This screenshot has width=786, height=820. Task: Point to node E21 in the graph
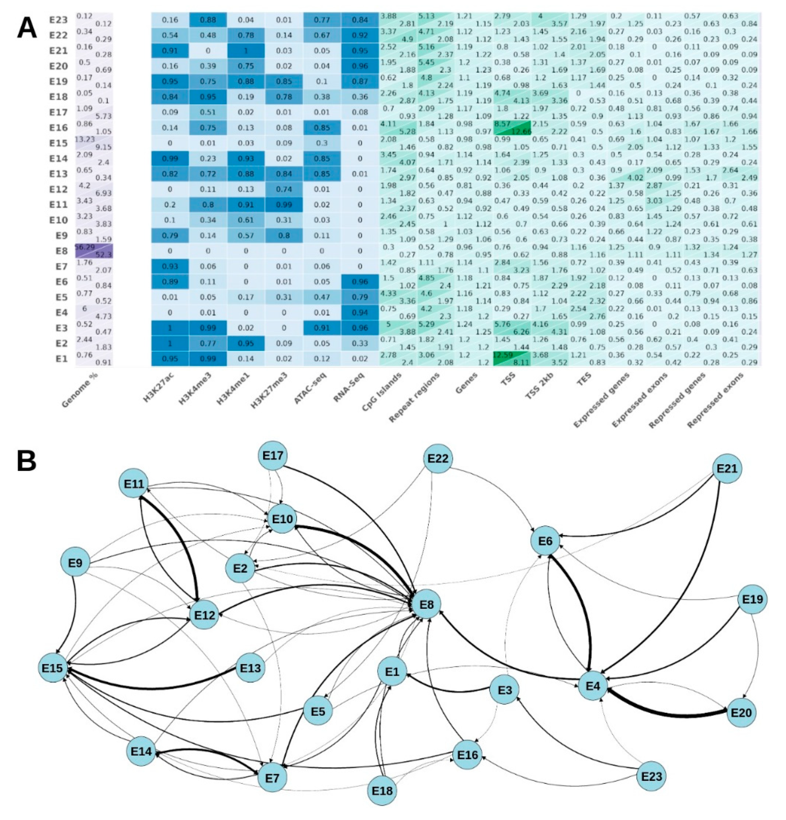pos(727,469)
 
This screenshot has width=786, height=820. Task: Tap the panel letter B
pos(27,460)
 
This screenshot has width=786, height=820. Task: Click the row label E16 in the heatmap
pos(58,128)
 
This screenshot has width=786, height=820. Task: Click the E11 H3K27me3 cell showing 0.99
pos(284,205)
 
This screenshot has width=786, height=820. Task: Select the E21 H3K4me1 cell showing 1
pos(246,51)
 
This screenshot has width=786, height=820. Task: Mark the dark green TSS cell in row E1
pos(512,359)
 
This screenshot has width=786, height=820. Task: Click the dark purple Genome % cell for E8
pos(94,251)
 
